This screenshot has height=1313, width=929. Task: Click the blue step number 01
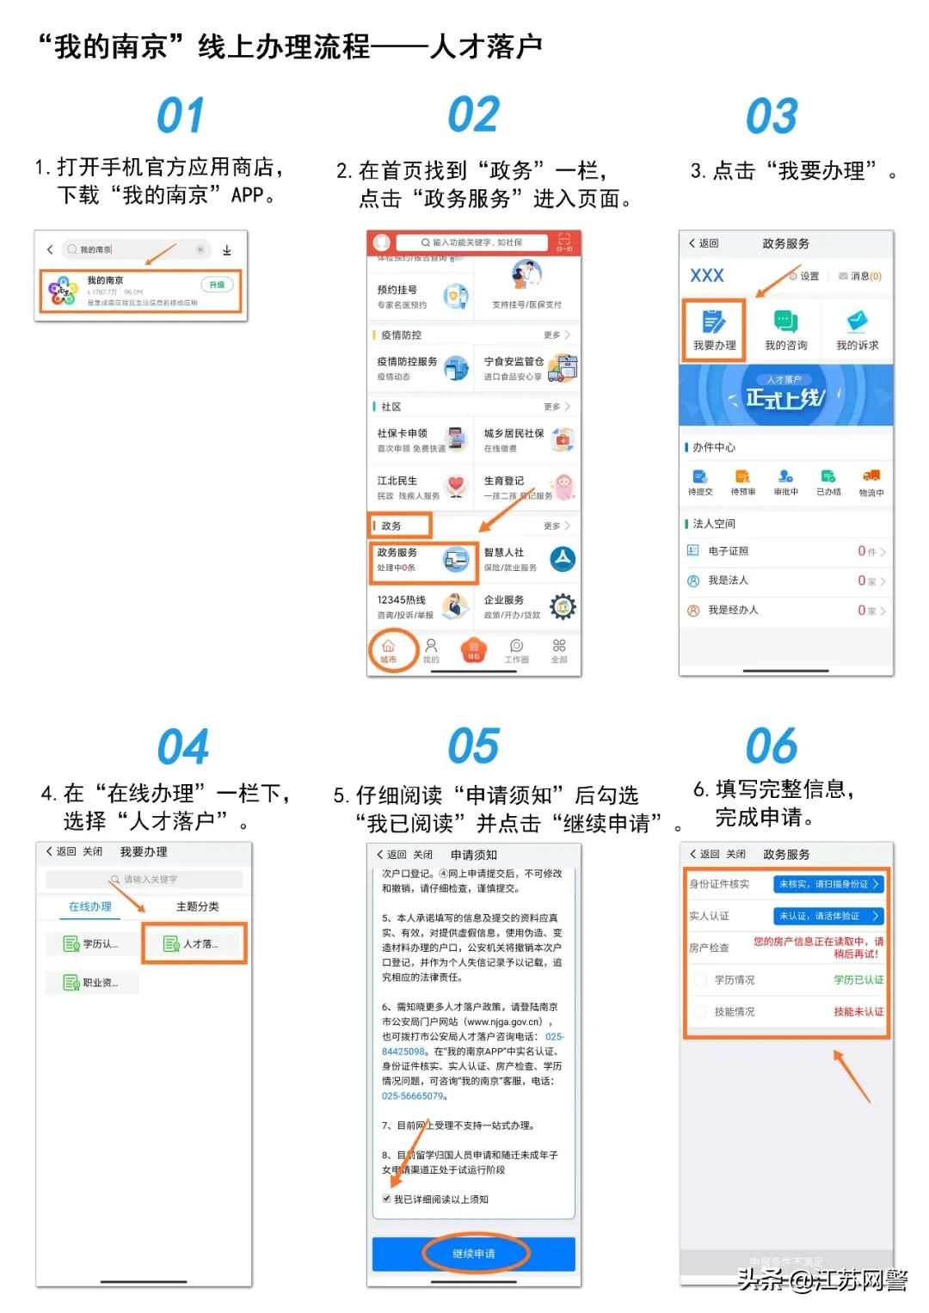(181, 116)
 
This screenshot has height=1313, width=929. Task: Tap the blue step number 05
(473, 745)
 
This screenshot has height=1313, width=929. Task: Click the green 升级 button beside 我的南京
(217, 285)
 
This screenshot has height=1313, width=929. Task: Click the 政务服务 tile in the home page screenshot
(423, 561)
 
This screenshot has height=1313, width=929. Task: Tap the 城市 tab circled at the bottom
(389, 651)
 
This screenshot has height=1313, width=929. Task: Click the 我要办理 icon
(714, 330)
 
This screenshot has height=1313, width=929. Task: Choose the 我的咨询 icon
(785, 330)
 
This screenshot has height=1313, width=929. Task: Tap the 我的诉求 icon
(857, 330)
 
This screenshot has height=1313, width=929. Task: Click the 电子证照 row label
(728, 551)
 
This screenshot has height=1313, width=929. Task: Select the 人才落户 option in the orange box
(194, 944)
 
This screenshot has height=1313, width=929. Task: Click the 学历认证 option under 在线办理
(91, 944)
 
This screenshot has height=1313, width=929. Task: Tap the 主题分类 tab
(197, 906)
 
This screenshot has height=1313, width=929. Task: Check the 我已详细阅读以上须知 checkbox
(387, 1199)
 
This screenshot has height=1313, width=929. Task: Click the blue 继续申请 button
(474, 1254)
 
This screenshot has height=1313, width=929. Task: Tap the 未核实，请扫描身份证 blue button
(828, 884)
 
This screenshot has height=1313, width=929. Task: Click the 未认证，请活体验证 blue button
(828, 916)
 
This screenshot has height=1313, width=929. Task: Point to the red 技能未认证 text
(858, 1012)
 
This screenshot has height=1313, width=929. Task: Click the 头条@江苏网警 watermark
(821, 1280)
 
